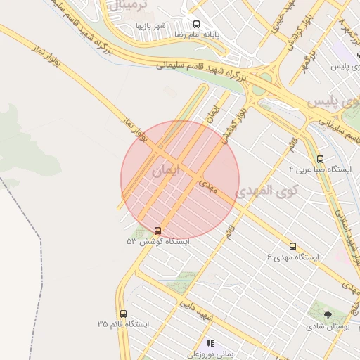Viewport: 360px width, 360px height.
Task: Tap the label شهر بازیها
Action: (x=150, y=26)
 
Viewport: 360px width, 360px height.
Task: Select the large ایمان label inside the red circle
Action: (x=166, y=170)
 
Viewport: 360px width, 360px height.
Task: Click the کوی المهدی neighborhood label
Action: (x=266, y=190)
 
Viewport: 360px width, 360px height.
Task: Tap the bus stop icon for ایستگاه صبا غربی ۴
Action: (x=321, y=160)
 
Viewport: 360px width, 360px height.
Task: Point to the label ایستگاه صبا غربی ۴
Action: (x=310, y=170)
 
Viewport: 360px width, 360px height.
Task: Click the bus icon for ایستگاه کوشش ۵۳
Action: (x=157, y=231)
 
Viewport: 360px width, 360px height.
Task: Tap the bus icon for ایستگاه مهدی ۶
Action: (x=292, y=247)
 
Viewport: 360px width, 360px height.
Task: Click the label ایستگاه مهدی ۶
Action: (x=292, y=257)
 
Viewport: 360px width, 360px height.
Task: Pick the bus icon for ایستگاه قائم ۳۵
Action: (x=124, y=314)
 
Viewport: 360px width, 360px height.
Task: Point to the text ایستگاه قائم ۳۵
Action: (x=124, y=324)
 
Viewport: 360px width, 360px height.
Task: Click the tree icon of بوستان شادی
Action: (x=328, y=316)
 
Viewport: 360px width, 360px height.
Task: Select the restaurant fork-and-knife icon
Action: (x=210, y=344)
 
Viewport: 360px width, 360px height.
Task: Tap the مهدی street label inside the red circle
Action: (x=209, y=186)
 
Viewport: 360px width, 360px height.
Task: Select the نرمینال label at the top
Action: (x=127, y=5)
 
